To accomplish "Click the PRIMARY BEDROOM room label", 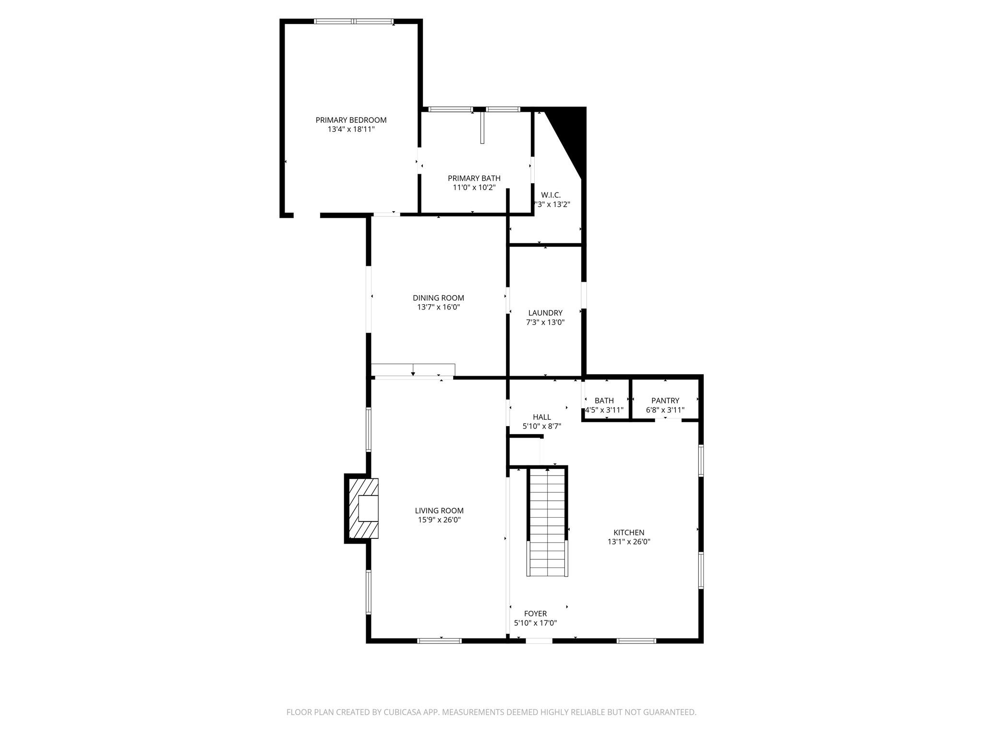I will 351,120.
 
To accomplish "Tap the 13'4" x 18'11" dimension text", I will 351,130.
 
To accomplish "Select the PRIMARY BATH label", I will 474,178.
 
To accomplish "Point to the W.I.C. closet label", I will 551,195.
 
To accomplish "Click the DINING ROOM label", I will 438,298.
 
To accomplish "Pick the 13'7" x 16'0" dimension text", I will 438,307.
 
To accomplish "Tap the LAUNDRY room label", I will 545,313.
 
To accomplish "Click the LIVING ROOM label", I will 439,511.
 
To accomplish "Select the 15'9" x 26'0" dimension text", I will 439,520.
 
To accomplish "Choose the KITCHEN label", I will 629,532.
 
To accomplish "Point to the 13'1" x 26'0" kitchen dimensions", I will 629,542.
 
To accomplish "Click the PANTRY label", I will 665,401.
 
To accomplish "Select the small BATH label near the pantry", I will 604,401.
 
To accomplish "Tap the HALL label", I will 541,417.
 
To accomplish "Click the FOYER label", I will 535,614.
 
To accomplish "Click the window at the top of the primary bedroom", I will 354,21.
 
